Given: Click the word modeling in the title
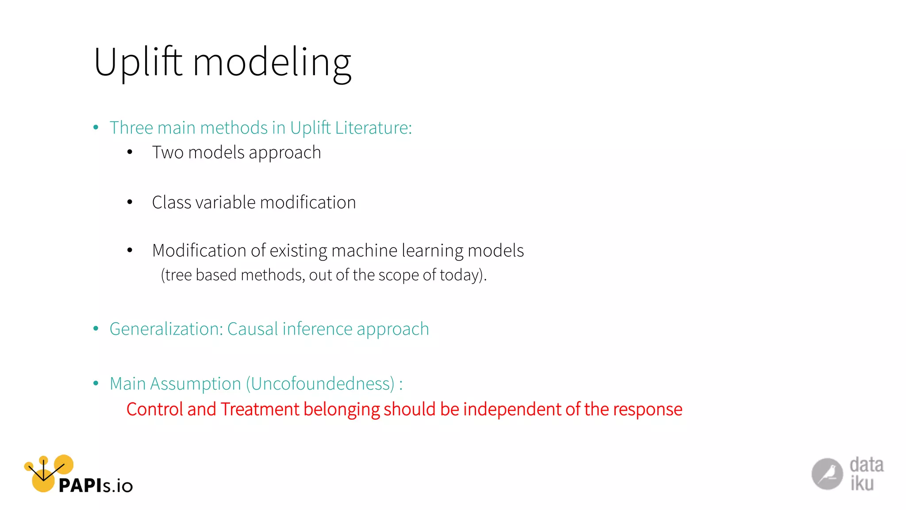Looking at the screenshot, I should (x=272, y=63).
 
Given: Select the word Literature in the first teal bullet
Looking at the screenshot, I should (x=373, y=128).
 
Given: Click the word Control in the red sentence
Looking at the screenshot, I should (x=154, y=410).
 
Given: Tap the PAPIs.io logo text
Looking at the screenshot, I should (x=96, y=486).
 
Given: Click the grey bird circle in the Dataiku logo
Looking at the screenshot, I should (x=827, y=474).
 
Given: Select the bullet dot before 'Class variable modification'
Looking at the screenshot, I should (x=130, y=203).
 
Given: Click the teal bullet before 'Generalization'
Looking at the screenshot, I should (x=96, y=329).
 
